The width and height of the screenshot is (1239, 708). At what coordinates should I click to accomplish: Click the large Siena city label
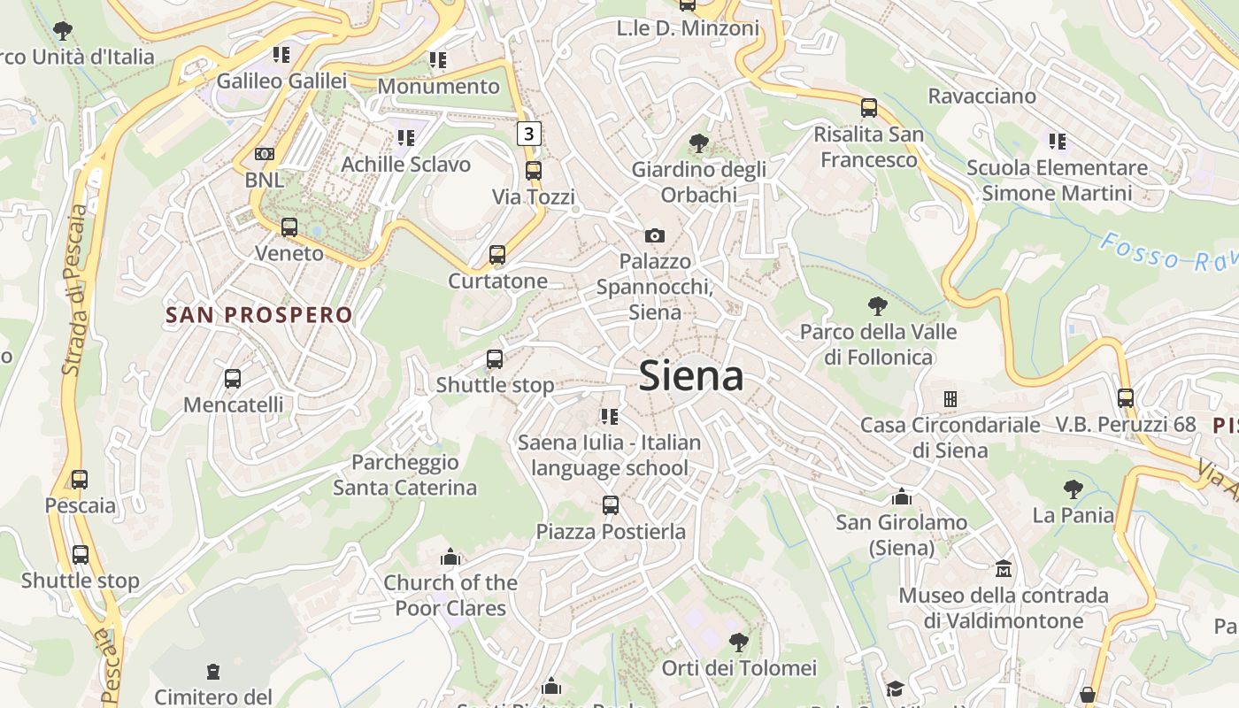point(690,376)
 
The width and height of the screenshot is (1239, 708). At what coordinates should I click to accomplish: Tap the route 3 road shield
point(528,134)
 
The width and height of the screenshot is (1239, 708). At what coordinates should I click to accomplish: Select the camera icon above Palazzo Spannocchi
point(654,235)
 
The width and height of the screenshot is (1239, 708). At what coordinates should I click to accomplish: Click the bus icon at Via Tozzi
point(534,171)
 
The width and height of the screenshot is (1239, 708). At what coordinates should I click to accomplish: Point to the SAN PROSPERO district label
point(259,315)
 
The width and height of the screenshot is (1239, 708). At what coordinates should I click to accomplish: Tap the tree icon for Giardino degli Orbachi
point(698,142)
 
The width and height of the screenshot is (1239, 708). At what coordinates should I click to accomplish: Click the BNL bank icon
point(264,154)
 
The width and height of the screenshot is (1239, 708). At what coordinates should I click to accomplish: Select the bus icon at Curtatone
point(497,255)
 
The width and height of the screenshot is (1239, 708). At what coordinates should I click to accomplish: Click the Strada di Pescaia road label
point(78,289)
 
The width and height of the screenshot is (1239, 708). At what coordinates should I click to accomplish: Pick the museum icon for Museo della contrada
point(1003,568)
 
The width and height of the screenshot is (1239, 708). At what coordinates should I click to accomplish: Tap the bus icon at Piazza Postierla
point(611,505)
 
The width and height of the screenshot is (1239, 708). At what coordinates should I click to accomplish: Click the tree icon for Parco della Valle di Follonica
point(878,306)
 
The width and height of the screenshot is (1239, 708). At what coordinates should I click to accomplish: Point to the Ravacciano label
point(981,96)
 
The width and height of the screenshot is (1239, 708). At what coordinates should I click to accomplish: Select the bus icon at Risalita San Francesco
point(869,108)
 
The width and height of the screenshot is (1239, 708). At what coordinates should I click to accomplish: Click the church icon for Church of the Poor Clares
point(450,557)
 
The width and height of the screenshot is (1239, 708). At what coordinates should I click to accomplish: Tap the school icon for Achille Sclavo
point(406,138)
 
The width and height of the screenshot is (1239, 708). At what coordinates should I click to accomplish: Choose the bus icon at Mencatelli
point(233,379)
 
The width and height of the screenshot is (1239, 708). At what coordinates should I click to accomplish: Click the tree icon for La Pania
point(1074,489)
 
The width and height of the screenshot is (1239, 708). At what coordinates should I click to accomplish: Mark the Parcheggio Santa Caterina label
point(405,474)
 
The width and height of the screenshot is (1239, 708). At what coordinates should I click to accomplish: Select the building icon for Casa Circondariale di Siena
point(950,399)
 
